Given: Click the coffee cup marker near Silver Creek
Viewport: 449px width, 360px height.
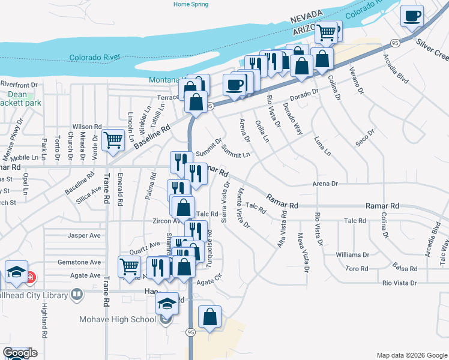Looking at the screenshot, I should [412, 17].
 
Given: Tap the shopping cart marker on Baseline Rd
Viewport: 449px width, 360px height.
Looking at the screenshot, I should [113, 140].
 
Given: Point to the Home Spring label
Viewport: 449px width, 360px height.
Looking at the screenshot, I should [191, 4].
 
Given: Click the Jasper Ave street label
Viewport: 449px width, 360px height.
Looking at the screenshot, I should [84, 236].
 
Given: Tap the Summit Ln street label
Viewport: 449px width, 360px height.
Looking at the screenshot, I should [235, 151].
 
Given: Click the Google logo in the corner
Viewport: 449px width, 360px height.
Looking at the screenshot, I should [20, 353].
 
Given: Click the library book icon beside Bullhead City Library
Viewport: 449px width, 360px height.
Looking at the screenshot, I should [76, 294].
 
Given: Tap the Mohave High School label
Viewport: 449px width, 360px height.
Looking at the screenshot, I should [118, 319].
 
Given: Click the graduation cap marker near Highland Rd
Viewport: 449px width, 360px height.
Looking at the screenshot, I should [17, 272].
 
